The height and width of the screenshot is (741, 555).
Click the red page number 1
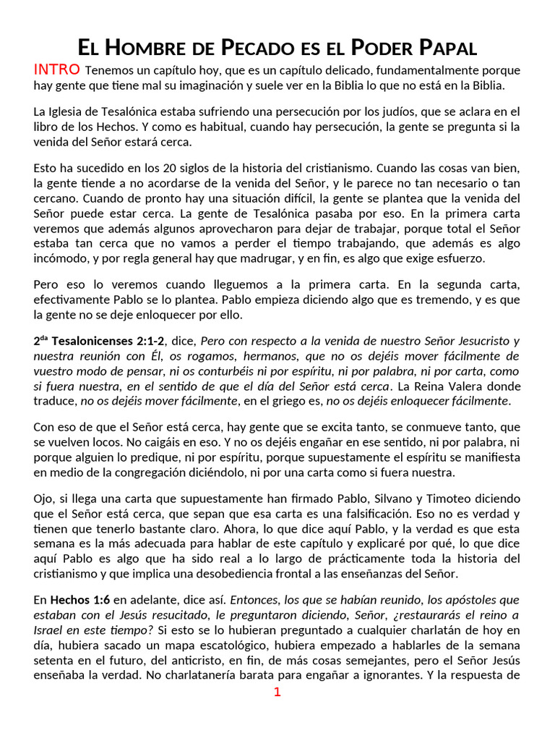[277, 692]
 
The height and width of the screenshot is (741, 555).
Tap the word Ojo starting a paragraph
[45, 499]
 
